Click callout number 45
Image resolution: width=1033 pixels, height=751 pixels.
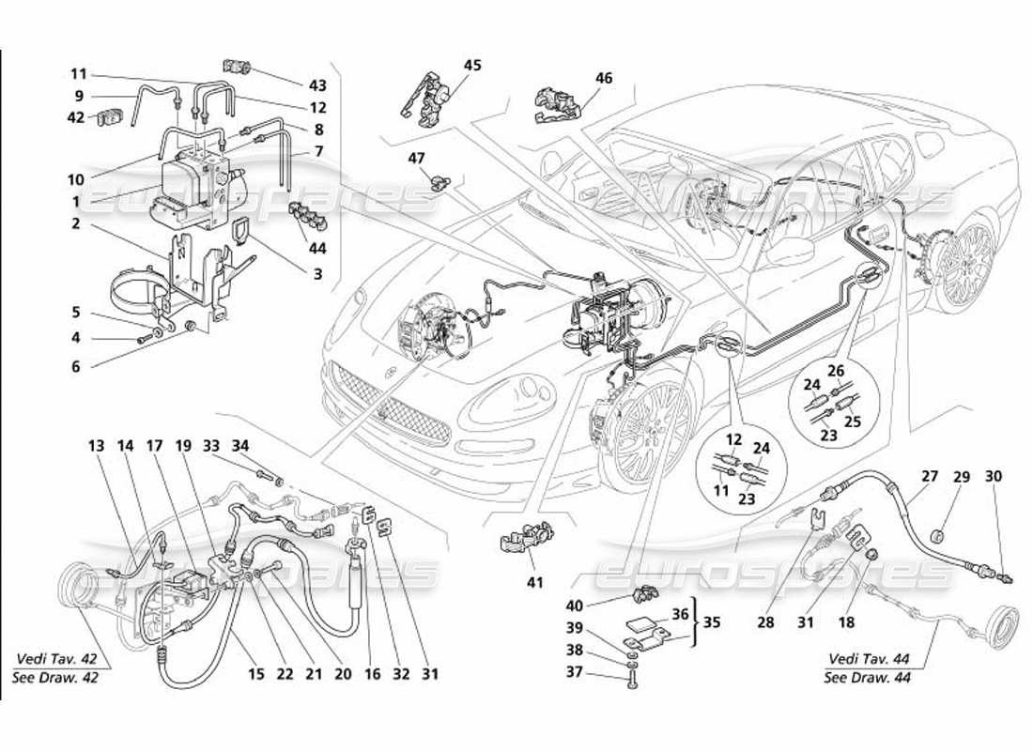tap(471, 65)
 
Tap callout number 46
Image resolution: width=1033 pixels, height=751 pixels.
tap(603, 79)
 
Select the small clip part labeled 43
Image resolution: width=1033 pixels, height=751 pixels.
tap(239, 68)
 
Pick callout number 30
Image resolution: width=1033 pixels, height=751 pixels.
tap(994, 477)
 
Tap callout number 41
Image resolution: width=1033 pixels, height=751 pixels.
tap(534, 583)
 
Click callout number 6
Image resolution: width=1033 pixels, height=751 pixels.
tap(76, 367)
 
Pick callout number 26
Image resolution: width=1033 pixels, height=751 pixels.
tap(835, 370)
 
